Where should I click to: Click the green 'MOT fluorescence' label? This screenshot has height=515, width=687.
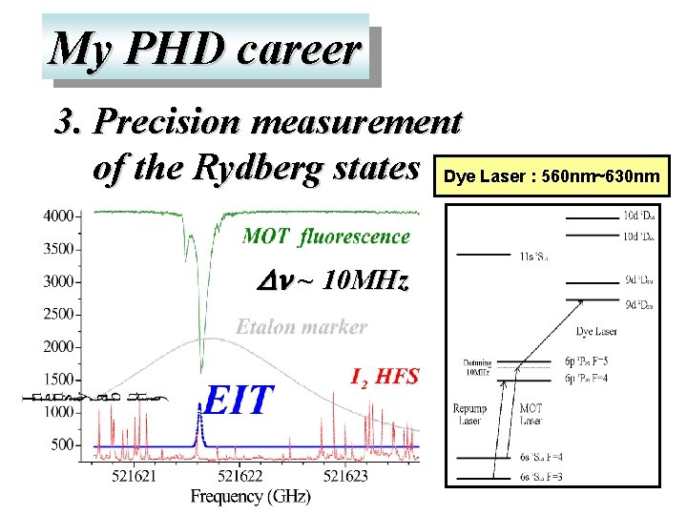326,236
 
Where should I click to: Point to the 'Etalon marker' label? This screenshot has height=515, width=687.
302,326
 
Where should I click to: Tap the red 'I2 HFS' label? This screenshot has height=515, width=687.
385,376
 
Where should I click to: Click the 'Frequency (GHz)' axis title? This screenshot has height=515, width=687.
250,496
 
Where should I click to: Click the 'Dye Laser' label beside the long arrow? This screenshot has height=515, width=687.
598,332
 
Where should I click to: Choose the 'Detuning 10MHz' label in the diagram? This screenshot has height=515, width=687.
477,369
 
